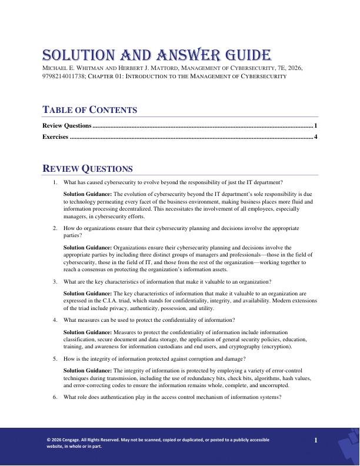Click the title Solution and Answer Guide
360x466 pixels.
pyautogui.click(x=156, y=56)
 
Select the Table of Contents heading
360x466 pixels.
pyautogui.click(x=90, y=110)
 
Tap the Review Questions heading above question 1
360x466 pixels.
pyautogui.click(x=88, y=169)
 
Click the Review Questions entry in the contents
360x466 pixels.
pyautogui.click(x=67, y=125)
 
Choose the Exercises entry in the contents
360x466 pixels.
pyautogui.click(x=55, y=137)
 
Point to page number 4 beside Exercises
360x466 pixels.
pyautogui.click(x=316, y=137)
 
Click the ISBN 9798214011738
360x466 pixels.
pyautogui.click(x=62, y=76)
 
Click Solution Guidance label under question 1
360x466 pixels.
pyautogui.click(x=88, y=194)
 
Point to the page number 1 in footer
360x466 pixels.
pyautogui.click(x=316, y=440)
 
